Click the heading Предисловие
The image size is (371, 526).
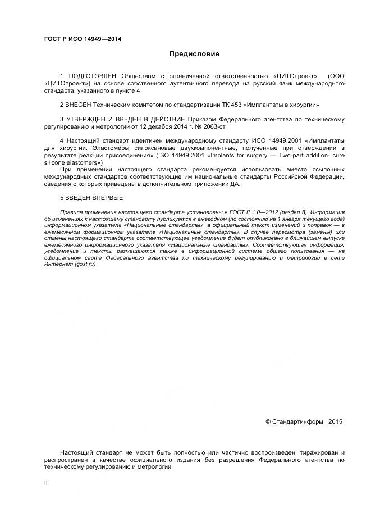(x=194, y=55)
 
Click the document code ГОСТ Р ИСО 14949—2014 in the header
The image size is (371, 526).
(x=83, y=39)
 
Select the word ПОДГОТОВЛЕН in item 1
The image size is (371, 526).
(x=90, y=76)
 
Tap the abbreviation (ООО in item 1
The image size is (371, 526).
(x=336, y=76)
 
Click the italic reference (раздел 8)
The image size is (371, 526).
(x=288, y=212)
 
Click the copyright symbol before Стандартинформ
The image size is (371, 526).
(x=268, y=421)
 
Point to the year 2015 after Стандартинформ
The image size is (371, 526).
(x=335, y=421)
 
